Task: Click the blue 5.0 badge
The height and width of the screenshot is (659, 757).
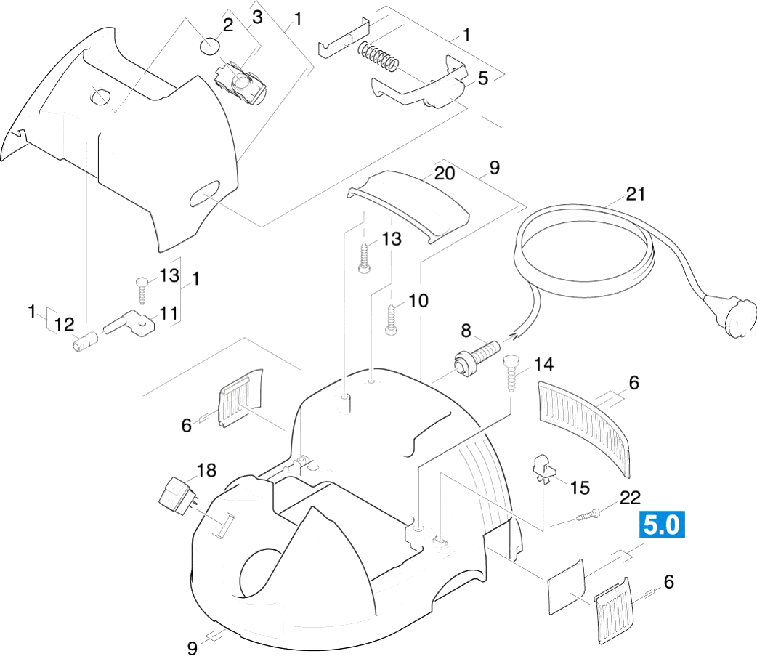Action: [x=662, y=524]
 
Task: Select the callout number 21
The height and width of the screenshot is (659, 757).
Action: [x=636, y=194]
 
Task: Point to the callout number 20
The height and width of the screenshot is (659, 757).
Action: [x=445, y=174]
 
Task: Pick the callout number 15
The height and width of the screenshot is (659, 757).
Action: [x=580, y=488]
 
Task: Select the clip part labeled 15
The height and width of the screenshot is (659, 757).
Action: [x=542, y=469]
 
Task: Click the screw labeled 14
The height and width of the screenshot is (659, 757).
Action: [x=511, y=375]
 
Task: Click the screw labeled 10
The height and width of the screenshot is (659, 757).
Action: [x=390, y=319]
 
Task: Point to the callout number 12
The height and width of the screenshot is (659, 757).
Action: [x=64, y=324]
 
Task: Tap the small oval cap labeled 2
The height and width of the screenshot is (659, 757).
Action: [x=209, y=46]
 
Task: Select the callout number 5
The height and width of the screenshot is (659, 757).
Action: [x=483, y=78]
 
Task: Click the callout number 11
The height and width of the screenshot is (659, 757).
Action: [x=169, y=314]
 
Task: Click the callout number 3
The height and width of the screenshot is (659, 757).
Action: [x=257, y=17]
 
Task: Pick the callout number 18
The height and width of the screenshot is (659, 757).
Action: [x=206, y=470]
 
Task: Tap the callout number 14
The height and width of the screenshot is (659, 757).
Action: [x=543, y=365]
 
